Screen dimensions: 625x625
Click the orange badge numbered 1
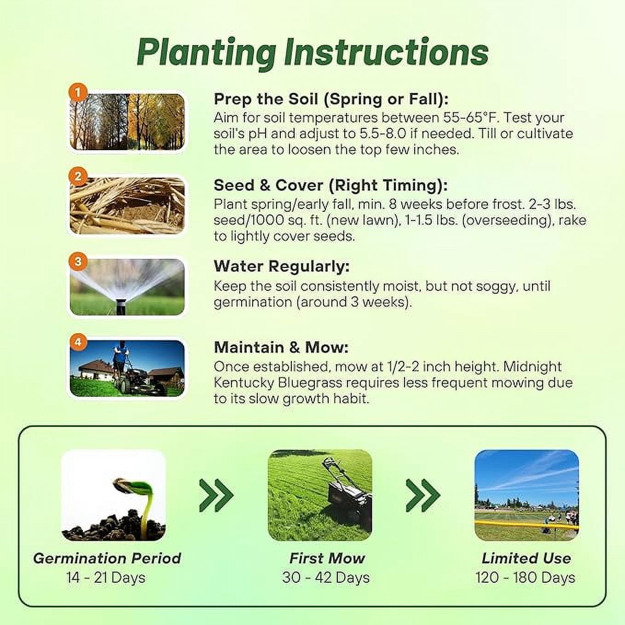point(77,93)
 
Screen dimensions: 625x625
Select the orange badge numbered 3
point(77,261)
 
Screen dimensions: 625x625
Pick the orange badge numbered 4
point(77,342)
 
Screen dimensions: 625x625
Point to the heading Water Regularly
point(282,267)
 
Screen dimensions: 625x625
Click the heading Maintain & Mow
point(281,347)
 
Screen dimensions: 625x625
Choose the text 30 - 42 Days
point(326,578)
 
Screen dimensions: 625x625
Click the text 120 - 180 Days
point(526,578)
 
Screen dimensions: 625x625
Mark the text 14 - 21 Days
point(106,578)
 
